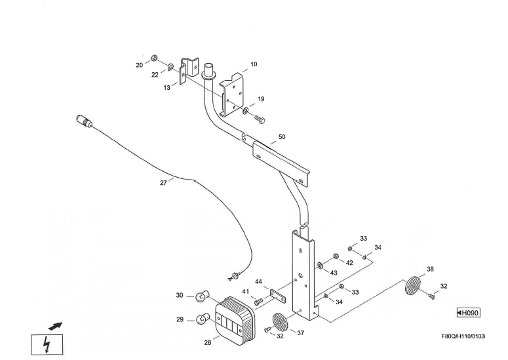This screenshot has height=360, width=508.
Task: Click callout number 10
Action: coord(254,64)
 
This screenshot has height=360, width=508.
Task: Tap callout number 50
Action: coord(282,137)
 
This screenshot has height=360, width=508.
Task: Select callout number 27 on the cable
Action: coord(163,183)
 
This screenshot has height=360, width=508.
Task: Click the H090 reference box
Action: coord(468,312)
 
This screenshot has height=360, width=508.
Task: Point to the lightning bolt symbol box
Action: coord(47,344)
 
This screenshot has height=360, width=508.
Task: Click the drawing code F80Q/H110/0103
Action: coord(463,336)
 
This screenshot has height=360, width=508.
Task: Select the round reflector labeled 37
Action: coord(279,322)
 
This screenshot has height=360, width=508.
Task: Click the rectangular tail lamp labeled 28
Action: coord(239,317)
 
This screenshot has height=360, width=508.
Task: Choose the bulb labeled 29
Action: coord(203,320)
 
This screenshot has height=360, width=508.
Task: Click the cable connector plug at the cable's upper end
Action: coord(85,121)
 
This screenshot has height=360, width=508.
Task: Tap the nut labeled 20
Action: coord(155,58)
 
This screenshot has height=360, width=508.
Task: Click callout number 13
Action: coord(167,88)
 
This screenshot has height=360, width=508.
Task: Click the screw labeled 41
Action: coord(258,302)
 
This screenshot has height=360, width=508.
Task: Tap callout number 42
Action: coord(349,262)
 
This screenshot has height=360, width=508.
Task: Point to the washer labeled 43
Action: coord(320,266)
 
